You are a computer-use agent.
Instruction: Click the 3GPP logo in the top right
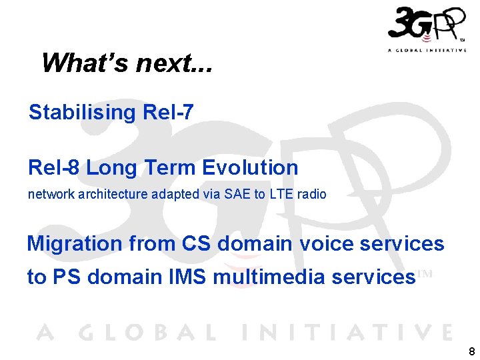(x=427, y=25)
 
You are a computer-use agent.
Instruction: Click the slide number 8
(x=472, y=351)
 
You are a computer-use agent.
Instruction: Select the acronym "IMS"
(x=190, y=277)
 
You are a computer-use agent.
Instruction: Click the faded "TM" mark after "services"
(x=425, y=273)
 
